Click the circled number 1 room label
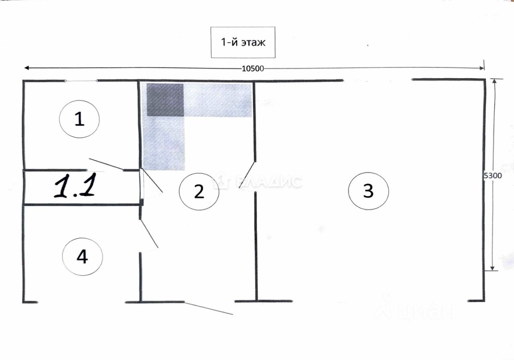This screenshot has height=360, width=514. tap(80, 119)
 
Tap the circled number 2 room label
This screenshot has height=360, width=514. tap(199, 191)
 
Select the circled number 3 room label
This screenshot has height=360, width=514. tap(368, 191)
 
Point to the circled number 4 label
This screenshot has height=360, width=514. tap(82, 256)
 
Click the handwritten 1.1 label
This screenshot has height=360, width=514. tap(75, 186)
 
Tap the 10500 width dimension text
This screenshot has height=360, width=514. tap(253, 69)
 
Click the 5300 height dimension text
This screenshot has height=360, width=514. tap(492, 176)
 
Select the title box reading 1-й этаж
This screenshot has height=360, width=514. tap(243, 42)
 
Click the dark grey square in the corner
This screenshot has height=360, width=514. tap(165, 100)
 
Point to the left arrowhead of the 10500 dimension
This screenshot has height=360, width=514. tap(27, 68)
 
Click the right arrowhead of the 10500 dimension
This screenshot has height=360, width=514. tap(481, 68)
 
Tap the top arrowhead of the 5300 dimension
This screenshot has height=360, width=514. tap(494, 81)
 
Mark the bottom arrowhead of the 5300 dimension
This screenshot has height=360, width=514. tap(492, 268)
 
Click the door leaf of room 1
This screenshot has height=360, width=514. tap(106, 164)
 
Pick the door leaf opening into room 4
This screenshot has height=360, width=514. tap(149, 234)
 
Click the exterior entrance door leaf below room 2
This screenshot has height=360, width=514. tap(209, 308)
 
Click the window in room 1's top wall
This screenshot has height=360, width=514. tap(81, 81)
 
